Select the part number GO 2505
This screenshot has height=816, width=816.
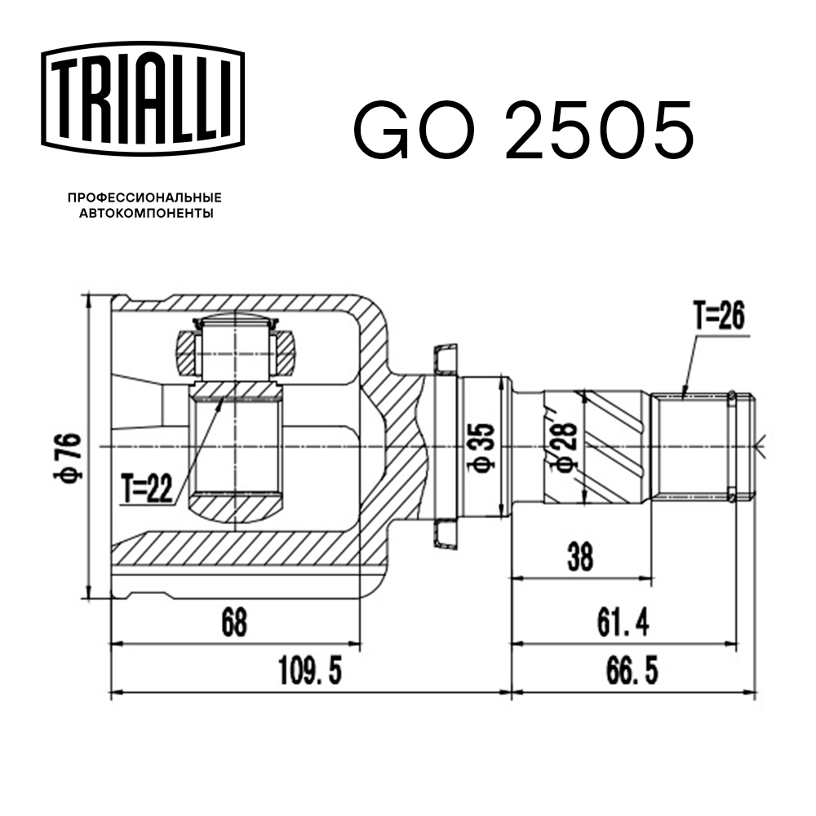523,131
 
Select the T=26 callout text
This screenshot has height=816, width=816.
719,317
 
